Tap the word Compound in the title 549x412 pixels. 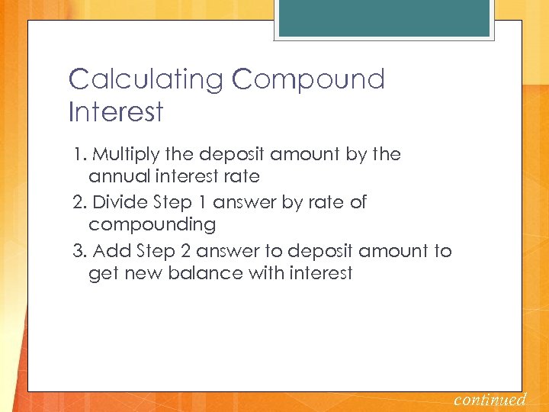(310, 79)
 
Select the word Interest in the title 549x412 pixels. (116, 112)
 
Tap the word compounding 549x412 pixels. (152, 225)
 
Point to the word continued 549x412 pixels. (490, 399)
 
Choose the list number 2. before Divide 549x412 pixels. (81, 202)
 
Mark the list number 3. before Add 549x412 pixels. (81, 251)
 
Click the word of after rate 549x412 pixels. (357, 202)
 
